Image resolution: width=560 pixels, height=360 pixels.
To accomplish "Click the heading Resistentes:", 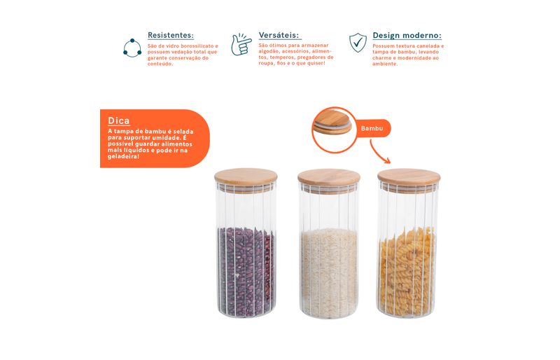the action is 171,36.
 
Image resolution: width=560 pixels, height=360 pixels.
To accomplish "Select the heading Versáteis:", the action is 279,36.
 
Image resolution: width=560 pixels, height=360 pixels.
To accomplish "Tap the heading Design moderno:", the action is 407,36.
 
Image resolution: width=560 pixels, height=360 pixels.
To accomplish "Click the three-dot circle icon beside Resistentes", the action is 132,48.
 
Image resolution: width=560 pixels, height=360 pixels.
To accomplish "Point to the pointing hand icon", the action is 241,45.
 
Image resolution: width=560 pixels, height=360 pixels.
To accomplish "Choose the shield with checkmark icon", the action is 358,43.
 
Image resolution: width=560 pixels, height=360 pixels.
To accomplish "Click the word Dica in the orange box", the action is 118,121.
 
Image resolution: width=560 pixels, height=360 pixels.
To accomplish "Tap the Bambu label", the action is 372,128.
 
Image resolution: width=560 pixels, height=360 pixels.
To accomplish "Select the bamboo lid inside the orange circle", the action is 332,122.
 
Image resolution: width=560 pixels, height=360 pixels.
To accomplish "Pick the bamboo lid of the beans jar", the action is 246,178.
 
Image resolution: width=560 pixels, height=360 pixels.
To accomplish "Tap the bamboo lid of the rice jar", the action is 329,178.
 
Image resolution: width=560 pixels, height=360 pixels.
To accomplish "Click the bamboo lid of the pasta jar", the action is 409,178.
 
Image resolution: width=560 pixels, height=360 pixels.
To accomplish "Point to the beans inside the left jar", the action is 246,272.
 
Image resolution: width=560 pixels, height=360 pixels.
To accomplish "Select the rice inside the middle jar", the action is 329,272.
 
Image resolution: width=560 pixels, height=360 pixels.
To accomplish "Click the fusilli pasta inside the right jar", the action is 407,272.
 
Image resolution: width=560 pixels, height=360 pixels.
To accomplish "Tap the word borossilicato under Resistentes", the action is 197,46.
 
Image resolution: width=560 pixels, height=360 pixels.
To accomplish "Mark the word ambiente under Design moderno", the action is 384,64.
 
